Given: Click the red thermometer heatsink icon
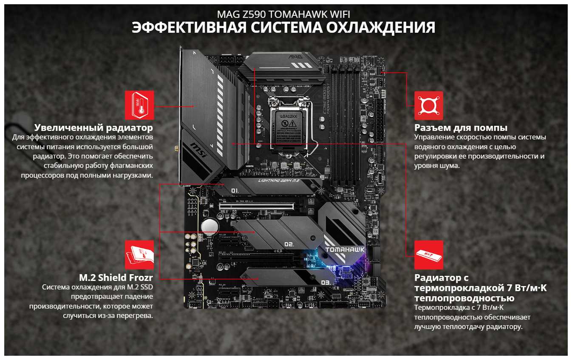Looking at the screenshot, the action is (x=139, y=105).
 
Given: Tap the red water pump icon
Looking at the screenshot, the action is (x=428, y=105).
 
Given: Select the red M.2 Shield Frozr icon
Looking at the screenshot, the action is (x=139, y=255).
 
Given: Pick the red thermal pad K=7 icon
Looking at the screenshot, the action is (x=428, y=255).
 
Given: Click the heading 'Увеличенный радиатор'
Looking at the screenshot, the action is (x=93, y=128).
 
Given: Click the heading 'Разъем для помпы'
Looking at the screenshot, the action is (x=461, y=128).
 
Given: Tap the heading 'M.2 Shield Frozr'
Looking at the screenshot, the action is (x=116, y=277).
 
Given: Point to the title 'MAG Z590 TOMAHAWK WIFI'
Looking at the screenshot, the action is (x=283, y=14).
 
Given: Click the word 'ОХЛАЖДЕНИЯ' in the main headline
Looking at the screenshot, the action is (x=381, y=27).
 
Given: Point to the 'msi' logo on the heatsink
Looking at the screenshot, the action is (x=198, y=150).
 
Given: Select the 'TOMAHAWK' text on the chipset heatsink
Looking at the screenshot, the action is (x=345, y=249).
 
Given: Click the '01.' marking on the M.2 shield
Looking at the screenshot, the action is (x=235, y=190).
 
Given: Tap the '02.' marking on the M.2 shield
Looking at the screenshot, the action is (x=289, y=244).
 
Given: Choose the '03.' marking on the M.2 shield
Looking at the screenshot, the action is (x=326, y=282).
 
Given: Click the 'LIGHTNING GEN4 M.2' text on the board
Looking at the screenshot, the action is (x=279, y=181).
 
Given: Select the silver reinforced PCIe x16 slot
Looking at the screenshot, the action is (x=257, y=206).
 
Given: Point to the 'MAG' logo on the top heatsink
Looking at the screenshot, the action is (x=295, y=57).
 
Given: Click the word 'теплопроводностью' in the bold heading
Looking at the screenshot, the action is (x=464, y=298).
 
